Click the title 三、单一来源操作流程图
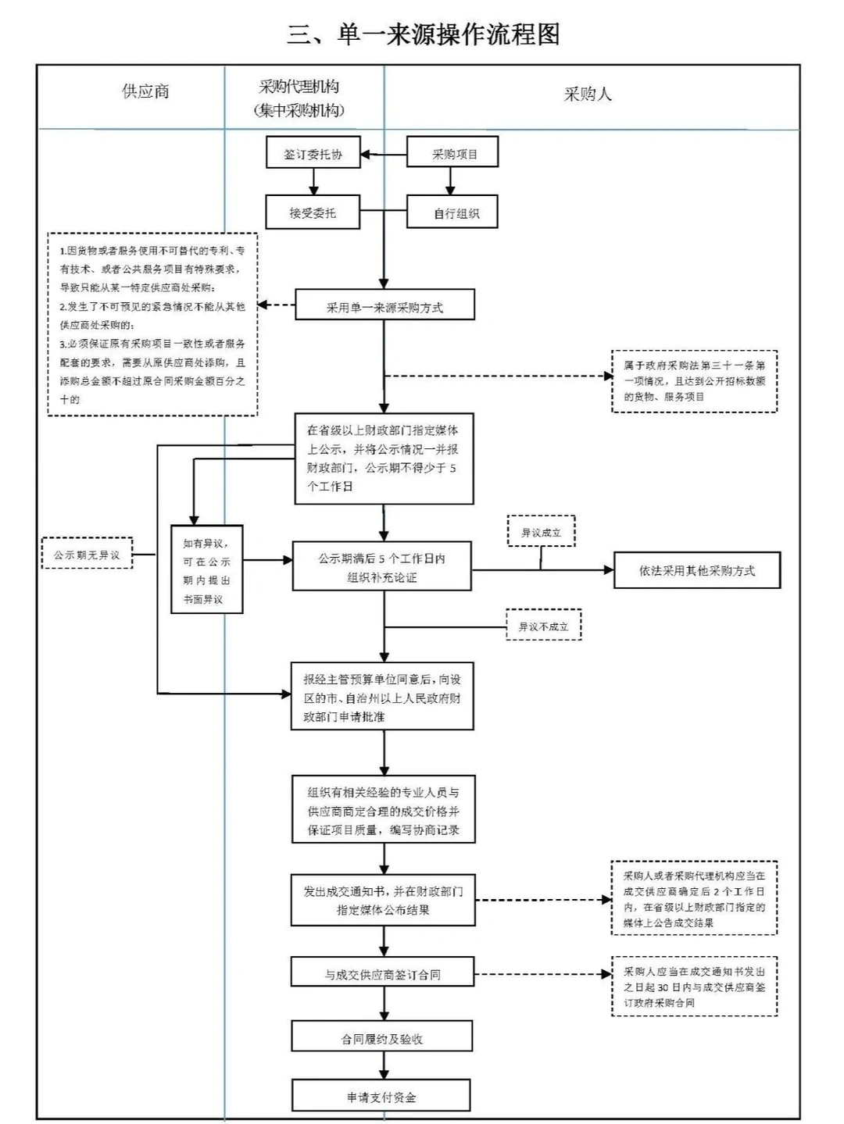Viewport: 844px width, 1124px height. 423,34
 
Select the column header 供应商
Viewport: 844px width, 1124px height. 145,91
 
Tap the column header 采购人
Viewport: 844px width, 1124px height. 588,95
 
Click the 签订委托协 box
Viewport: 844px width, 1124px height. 313,154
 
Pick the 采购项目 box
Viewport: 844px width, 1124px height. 452,154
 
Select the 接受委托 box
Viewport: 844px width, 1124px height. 313,212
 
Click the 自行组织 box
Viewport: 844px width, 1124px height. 452,213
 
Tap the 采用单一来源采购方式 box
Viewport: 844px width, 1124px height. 384,307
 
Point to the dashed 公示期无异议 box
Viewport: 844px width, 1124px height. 87,555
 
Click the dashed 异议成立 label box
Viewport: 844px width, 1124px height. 541,532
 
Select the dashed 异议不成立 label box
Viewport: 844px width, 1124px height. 543,626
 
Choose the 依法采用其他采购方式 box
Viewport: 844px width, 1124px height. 696,570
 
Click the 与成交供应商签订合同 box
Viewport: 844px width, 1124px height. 383,974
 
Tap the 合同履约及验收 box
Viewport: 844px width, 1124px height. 382,1038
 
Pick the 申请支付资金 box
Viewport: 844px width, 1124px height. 381,1097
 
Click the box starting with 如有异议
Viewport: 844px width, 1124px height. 207,570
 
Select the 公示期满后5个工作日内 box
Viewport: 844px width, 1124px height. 381,567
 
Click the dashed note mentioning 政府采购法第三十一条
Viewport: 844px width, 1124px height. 694,381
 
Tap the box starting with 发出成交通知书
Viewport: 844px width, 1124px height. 383,900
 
